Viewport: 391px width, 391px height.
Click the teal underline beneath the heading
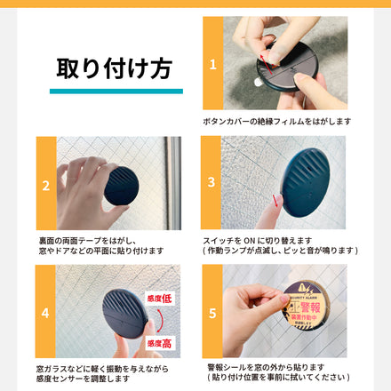116,91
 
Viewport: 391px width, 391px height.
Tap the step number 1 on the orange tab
212,64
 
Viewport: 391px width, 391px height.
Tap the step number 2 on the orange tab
46,185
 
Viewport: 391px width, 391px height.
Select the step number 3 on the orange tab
211,183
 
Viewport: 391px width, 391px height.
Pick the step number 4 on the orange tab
46,313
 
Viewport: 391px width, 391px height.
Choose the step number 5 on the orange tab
211,313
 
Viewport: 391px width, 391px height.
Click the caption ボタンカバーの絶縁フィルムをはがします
276,121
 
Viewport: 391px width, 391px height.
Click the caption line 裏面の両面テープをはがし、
87,240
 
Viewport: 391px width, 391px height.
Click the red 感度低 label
160,298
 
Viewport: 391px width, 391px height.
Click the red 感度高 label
160,342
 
